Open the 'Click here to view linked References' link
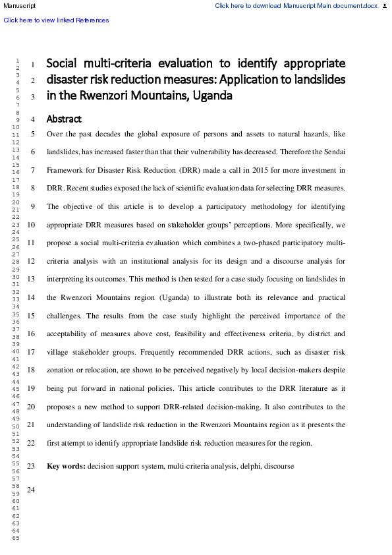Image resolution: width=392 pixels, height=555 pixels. (56, 20)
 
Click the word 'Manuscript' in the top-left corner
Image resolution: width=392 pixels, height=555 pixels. (20, 6)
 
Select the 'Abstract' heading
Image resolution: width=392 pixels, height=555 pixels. (64, 119)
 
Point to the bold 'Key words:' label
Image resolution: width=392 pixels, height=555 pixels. (66, 466)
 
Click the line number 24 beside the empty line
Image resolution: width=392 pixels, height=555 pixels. (31, 490)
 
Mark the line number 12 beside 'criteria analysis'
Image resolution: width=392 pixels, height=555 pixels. (31, 261)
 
